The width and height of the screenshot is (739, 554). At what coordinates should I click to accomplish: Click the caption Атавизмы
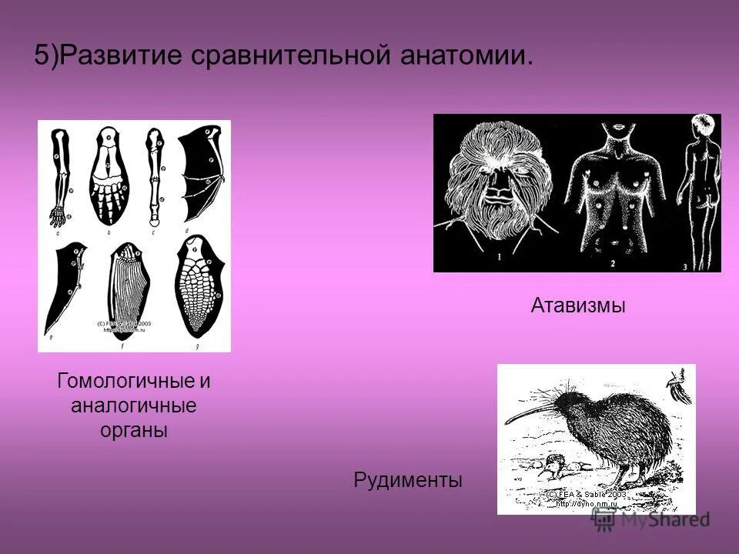[577, 306]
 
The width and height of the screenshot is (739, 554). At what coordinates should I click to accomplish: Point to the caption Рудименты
[408, 481]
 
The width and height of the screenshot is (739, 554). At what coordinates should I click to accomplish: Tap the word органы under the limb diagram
[134, 430]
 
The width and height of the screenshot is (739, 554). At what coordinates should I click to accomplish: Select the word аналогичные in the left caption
[134, 405]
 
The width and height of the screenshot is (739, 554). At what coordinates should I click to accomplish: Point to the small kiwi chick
[553, 464]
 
